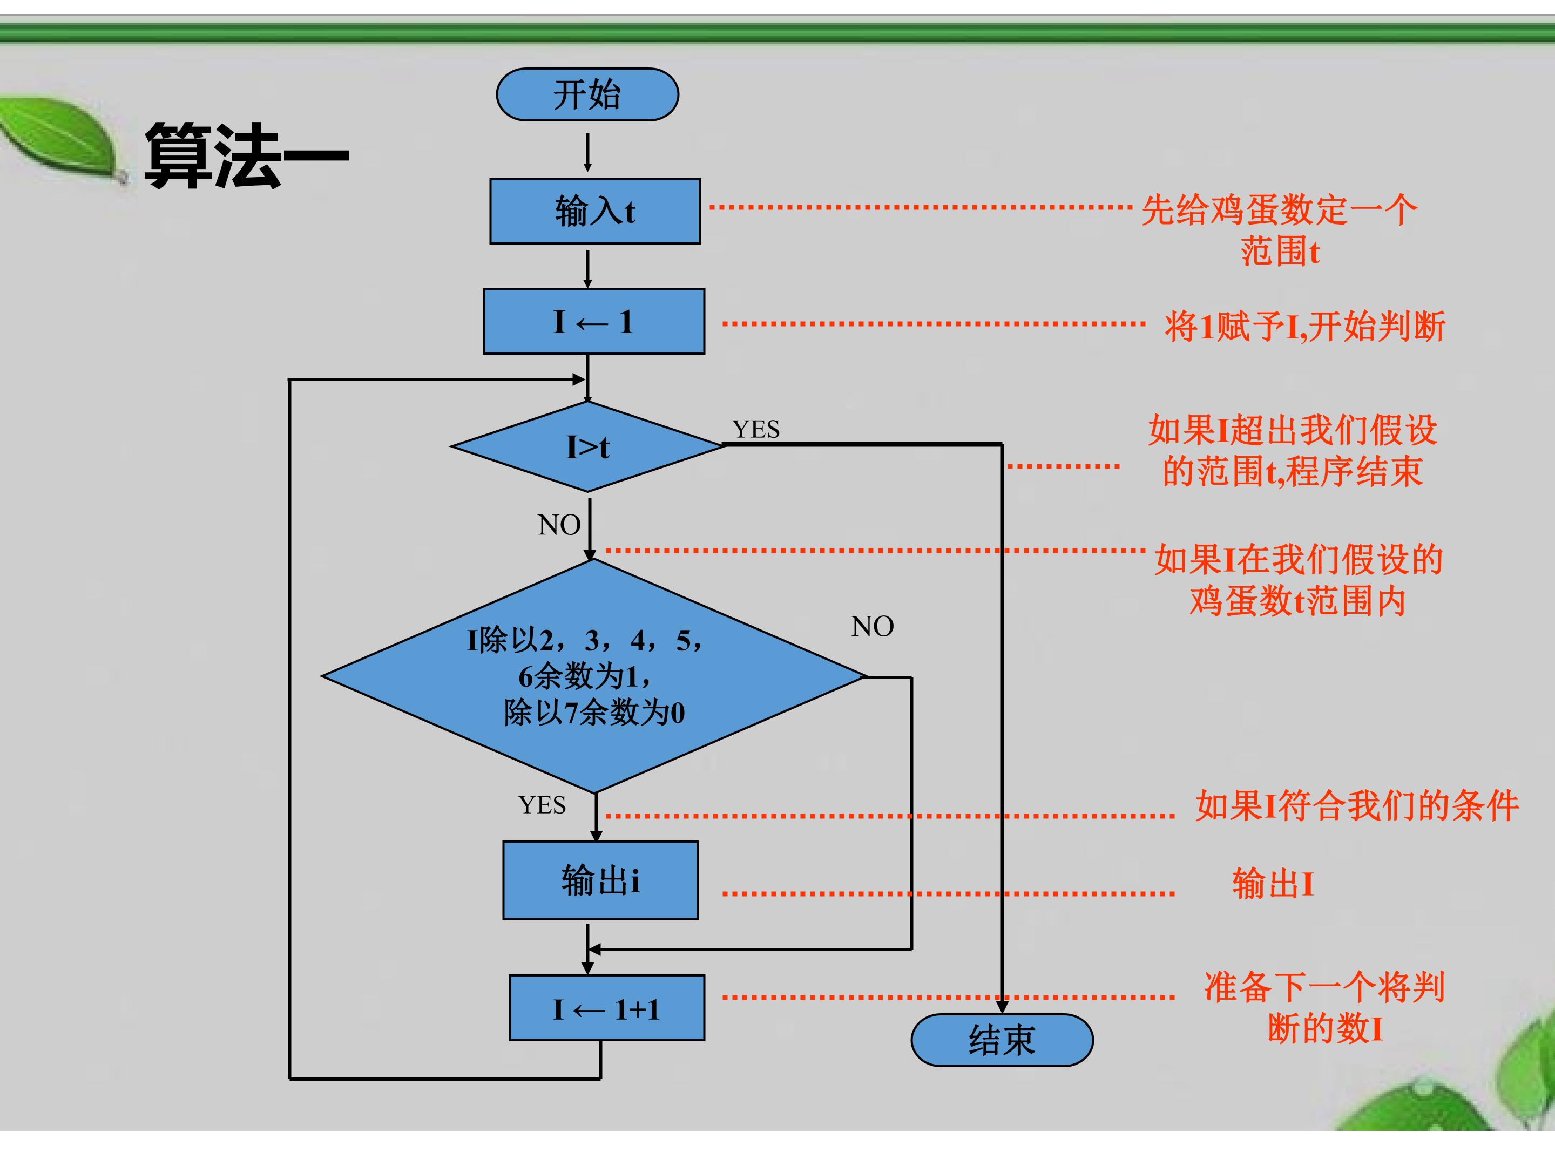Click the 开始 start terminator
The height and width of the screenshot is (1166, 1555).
coord(587,94)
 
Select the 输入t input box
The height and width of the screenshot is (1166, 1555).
coord(594,211)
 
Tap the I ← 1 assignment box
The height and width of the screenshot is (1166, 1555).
coord(594,321)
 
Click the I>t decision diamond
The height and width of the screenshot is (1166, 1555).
coord(587,446)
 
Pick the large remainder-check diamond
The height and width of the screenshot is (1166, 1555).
coord(594,676)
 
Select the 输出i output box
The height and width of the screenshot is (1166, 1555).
coord(600,880)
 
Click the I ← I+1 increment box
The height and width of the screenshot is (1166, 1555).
coord(607,1008)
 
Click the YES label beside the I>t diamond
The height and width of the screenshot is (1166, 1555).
coord(756,429)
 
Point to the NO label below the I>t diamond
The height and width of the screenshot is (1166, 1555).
coord(559,525)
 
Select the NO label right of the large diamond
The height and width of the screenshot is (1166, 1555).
coord(873,626)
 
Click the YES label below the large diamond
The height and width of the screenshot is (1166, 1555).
coord(542,805)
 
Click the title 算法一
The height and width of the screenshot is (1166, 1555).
coord(246,155)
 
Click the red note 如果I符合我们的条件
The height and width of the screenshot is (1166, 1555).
coord(1357,805)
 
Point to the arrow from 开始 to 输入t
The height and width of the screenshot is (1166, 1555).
coord(587,153)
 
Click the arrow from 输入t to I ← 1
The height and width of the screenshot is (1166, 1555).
coord(587,269)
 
